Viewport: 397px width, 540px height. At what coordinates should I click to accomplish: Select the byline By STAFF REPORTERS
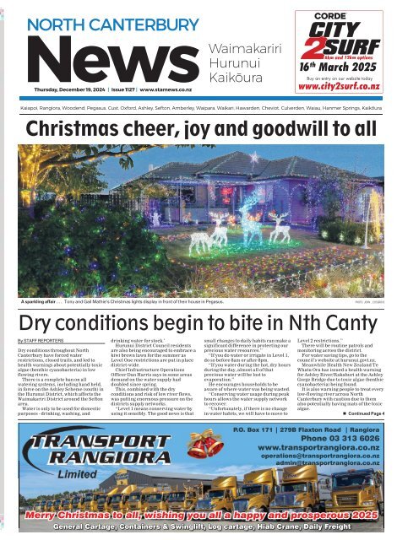tap(41, 319)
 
